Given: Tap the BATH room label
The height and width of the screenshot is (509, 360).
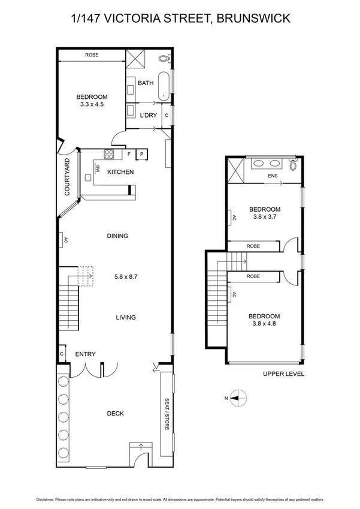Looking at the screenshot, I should (146, 83).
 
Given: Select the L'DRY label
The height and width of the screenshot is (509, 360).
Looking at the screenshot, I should (148, 115).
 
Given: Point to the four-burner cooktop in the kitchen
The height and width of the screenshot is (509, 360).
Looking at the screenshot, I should (110, 154).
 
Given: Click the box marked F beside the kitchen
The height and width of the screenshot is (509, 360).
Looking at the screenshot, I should (129, 154).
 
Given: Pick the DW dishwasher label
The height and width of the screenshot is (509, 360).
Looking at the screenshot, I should (96, 170).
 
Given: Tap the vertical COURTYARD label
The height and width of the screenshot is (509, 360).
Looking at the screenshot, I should (67, 177).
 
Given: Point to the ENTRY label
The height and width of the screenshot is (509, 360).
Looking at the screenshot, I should (85, 354).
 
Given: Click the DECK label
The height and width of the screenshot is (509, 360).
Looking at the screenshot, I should (115, 413).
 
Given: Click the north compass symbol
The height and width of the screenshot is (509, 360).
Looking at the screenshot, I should (238, 397).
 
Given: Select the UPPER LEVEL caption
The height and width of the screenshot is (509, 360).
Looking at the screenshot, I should (283, 374).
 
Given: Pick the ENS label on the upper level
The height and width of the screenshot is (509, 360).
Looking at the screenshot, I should (273, 176).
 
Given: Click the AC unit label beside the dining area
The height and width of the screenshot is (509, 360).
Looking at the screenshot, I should (63, 240).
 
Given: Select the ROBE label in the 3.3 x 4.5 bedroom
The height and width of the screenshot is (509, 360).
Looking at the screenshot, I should (92, 55).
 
